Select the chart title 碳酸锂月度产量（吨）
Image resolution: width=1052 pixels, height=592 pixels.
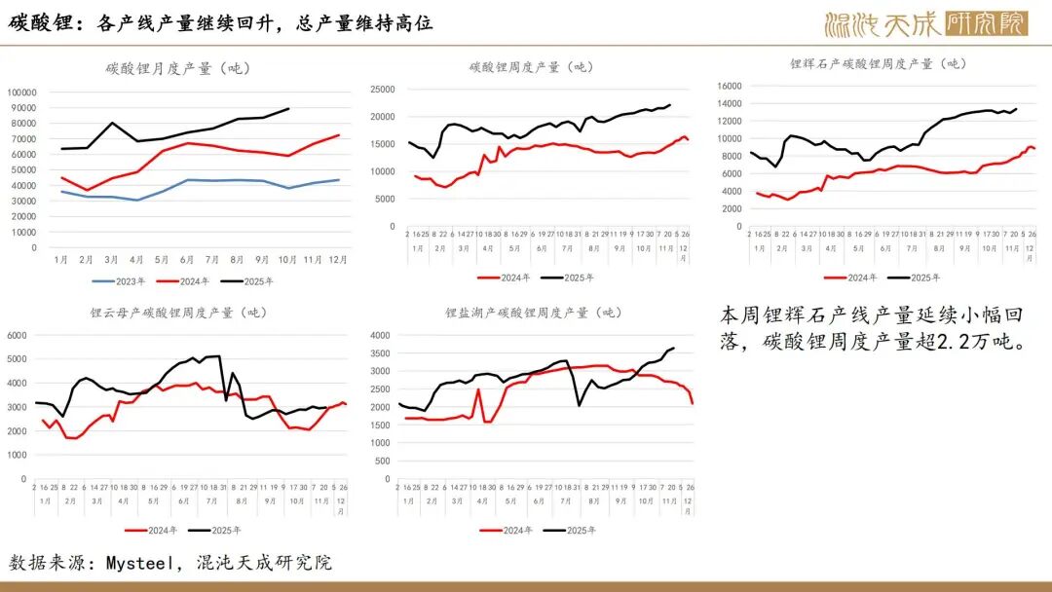coord(178,68)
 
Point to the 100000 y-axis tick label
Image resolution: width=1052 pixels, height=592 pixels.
coord(22,92)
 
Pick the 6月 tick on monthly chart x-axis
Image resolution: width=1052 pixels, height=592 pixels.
coord(187,261)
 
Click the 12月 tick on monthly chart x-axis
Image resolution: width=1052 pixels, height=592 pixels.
coord(337,261)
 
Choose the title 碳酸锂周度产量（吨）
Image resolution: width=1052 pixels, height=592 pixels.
coord(530,67)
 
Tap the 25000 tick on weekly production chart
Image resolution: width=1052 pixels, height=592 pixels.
coord(381,90)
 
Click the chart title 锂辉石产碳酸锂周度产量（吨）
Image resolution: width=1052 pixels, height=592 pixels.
coord(878,63)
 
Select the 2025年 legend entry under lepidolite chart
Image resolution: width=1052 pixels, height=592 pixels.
coord(215,530)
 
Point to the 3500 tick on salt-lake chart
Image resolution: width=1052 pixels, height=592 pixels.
coord(379,353)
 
